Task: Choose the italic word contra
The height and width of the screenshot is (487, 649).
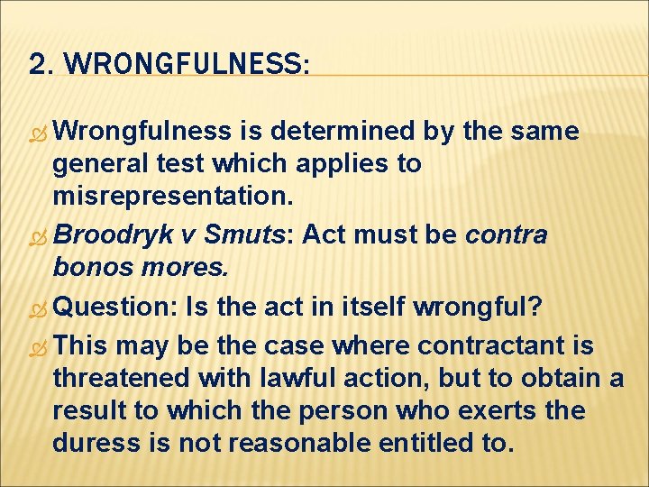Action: [x=506, y=235]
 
